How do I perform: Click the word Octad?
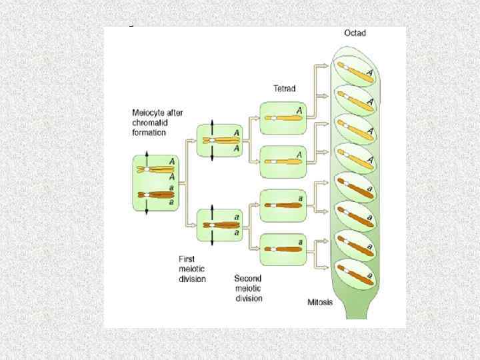point(355,33)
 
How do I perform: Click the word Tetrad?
point(285,88)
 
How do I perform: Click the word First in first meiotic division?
point(187,259)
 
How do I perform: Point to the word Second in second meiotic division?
point(248,278)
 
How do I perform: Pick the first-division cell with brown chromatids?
point(219,226)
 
